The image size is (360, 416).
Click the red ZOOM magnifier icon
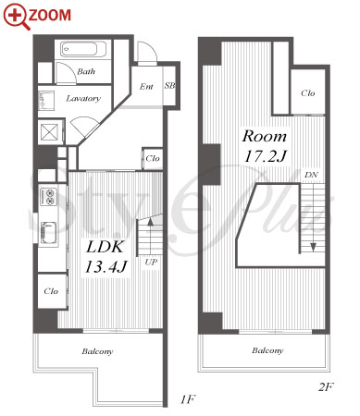click(x=17, y=17)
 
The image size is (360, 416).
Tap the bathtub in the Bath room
click(x=83, y=49)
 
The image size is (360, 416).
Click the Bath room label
click(x=86, y=71)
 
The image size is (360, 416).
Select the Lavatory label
click(x=83, y=98)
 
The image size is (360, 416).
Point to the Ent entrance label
click(x=146, y=86)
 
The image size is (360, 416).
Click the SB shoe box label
click(x=169, y=85)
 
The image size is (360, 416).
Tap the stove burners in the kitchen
click(x=49, y=197)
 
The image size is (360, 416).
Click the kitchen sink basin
click(x=49, y=232)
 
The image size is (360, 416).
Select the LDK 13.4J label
click(x=106, y=256)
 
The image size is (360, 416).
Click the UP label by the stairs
click(x=151, y=263)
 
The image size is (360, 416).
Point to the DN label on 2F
click(x=311, y=175)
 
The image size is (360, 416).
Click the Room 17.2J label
click(x=265, y=146)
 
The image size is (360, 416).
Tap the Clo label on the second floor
click(x=308, y=92)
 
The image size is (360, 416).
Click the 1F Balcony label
click(x=97, y=351)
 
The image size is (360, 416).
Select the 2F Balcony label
click(x=267, y=350)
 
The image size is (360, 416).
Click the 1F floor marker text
click(x=188, y=399)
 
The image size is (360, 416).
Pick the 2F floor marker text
click(x=326, y=386)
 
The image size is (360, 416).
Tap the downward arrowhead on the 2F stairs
click(x=313, y=247)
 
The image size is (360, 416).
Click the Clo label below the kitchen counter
click(x=51, y=291)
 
